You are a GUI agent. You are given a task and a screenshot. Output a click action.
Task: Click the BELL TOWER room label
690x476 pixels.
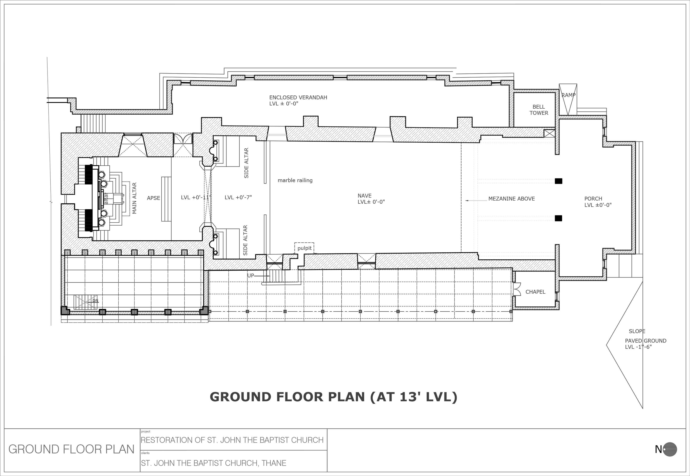pos(539,110)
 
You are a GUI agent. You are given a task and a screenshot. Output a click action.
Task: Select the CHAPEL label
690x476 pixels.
pos(535,292)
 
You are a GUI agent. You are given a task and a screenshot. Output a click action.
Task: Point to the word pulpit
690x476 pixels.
pos(304,248)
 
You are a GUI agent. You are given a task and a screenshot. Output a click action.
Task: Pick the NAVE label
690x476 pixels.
pos(364,196)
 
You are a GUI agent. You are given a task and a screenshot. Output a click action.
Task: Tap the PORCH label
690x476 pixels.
pos(593,199)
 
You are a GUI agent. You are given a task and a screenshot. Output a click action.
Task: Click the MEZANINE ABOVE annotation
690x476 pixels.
pos(511,199)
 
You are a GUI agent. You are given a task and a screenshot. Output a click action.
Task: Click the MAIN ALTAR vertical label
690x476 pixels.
pos(134,198)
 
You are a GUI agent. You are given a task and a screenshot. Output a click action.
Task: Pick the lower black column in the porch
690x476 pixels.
pos(558,218)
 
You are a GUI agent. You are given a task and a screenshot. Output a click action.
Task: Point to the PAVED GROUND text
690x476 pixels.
pos(646,341)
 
